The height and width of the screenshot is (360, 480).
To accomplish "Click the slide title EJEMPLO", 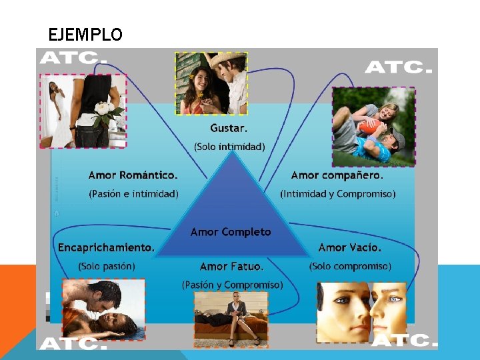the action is point(85,35).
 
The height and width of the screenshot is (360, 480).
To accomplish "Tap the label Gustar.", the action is point(229,127).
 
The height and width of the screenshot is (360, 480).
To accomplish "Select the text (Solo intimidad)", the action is point(229,146).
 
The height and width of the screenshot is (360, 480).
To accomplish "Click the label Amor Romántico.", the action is point(133,175).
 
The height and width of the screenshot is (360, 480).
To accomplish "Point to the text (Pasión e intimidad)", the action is point(133,194).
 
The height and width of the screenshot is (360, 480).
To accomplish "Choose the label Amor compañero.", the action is point(337,175).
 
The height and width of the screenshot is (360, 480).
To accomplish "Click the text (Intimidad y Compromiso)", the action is point(337,194).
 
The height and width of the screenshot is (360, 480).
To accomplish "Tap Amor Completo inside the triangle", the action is point(231,232).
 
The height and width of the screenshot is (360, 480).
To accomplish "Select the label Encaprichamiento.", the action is point(106,247).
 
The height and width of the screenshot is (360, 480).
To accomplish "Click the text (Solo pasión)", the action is point(107,266).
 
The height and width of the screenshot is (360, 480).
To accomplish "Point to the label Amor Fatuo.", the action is point(231,267).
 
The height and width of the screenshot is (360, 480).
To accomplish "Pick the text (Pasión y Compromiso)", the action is point(232,285).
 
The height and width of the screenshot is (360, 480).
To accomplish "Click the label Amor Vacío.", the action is point(350,247).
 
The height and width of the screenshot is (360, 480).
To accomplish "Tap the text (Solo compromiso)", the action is point(350,266).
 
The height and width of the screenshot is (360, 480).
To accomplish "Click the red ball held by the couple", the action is point(367,126).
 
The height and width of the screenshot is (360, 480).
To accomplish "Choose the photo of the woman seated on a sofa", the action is point(231,318).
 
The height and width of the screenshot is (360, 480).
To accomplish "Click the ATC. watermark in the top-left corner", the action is point(73,58).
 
